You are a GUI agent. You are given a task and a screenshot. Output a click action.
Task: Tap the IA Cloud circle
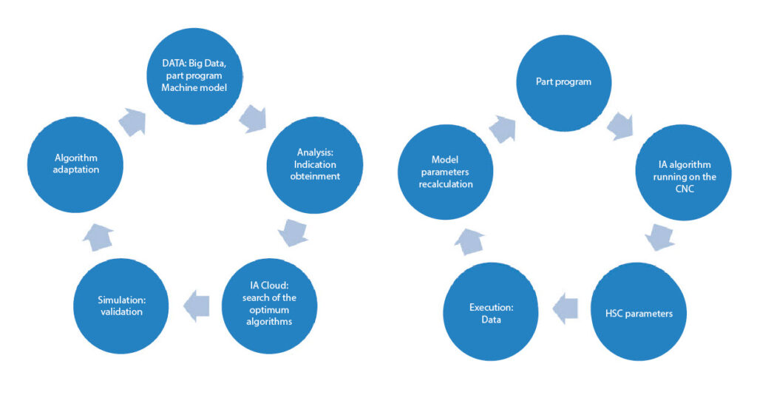point(269,308)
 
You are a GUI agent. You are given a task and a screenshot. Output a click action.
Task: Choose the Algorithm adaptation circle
point(75,166)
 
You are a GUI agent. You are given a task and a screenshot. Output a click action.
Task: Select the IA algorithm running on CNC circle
point(683,172)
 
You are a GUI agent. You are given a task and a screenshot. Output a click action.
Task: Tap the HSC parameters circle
point(639,314)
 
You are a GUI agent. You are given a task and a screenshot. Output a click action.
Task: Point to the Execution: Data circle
point(490,314)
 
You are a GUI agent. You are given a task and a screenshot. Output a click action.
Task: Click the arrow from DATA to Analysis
point(254,118)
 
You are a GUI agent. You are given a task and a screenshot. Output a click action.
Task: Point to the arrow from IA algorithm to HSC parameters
point(659,237)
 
